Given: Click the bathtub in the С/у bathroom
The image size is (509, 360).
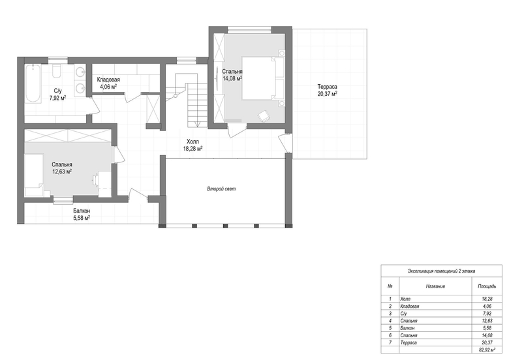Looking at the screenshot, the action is pyautogui.click(x=33, y=83).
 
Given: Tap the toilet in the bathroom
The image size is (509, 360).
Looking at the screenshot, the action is pyautogui.click(x=57, y=71).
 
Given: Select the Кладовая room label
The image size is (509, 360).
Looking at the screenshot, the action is pyautogui.click(x=108, y=80).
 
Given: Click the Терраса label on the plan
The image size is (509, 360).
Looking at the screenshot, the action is pyautogui.click(x=327, y=87).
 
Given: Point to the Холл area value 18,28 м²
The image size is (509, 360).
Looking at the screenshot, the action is pyautogui.click(x=193, y=149).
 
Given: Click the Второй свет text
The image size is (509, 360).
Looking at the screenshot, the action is pyautogui.click(x=221, y=188).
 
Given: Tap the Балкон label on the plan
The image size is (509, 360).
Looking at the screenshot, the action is pyautogui.click(x=82, y=211).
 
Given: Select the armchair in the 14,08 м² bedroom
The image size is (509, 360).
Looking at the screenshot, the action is pyautogui.click(x=264, y=116).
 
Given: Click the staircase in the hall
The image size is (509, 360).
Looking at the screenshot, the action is pyautogui.click(x=187, y=100).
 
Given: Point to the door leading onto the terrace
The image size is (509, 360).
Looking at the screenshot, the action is pyautogui.click(x=285, y=142).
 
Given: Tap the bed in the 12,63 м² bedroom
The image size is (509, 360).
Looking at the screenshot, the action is pyautogui.click(x=34, y=175).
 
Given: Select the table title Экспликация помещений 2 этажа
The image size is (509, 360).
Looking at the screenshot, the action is pyautogui.click(x=441, y=271).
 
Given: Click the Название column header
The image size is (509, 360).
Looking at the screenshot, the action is pyautogui.click(x=435, y=286).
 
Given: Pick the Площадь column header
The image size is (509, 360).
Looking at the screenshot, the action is pyautogui.click(x=487, y=286).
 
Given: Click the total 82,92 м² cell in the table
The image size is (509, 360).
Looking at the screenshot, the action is pyautogui.click(x=487, y=350).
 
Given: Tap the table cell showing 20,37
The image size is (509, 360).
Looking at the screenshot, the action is pyautogui.click(x=487, y=342).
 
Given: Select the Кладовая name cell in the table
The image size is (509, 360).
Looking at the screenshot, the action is pyautogui.click(x=410, y=306).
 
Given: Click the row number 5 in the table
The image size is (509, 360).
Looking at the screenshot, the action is pyautogui.click(x=390, y=328).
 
